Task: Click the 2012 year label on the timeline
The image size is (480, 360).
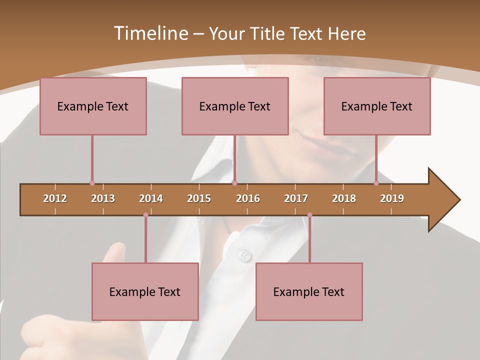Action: click(x=55, y=198)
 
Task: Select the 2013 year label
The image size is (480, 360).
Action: click(x=103, y=198)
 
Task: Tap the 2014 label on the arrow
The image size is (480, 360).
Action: click(x=151, y=198)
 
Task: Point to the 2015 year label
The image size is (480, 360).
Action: click(x=199, y=198)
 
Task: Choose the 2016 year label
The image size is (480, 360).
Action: click(x=248, y=198)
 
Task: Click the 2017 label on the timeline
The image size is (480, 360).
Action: click(x=296, y=198)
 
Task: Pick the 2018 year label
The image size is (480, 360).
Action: click(x=344, y=198)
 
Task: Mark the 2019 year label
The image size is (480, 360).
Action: click(x=392, y=198)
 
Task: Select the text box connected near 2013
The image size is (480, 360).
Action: click(x=93, y=106)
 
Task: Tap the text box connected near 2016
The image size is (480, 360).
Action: click(x=235, y=106)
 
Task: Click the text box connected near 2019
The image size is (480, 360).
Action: click(x=377, y=106)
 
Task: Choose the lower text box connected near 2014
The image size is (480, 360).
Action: click(x=145, y=291)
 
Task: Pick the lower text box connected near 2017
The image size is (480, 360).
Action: click(x=309, y=291)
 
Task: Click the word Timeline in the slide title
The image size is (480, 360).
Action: click(x=150, y=33)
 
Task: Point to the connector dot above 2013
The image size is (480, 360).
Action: click(x=92, y=183)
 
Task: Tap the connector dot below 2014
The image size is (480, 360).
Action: click(x=145, y=215)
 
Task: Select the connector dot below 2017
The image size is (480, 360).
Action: click(x=309, y=215)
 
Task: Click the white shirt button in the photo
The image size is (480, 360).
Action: click(x=244, y=255)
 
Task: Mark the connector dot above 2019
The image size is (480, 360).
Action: click(x=376, y=183)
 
